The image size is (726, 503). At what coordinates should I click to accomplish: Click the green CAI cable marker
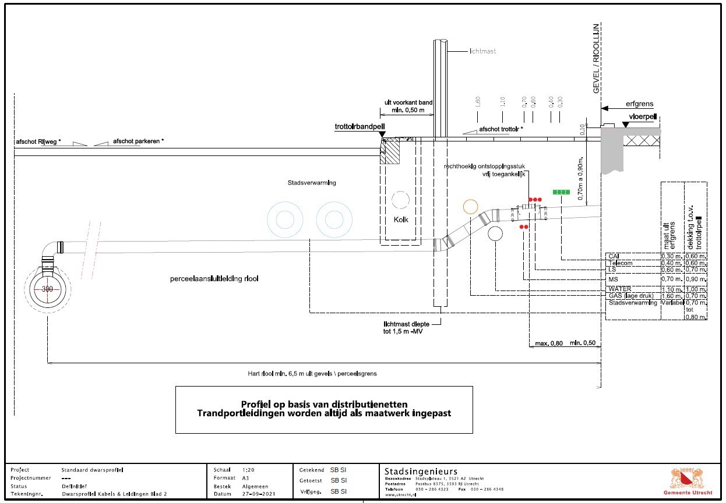[561, 192]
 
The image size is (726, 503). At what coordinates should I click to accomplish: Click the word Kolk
[401, 219]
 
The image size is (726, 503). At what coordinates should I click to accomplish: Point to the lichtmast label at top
[482, 51]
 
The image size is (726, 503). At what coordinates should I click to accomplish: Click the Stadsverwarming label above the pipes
[312, 183]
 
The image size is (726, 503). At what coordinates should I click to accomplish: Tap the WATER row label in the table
[619, 289]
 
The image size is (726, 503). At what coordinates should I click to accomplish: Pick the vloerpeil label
[643, 116]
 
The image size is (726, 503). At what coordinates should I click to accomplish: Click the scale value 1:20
[249, 470]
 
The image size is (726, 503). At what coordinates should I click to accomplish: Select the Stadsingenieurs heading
[421, 471]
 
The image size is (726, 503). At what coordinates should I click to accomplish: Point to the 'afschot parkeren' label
[138, 141]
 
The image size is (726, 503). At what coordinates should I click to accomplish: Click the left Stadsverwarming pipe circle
[285, 220]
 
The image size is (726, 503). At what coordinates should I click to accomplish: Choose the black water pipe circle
[496, 234]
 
